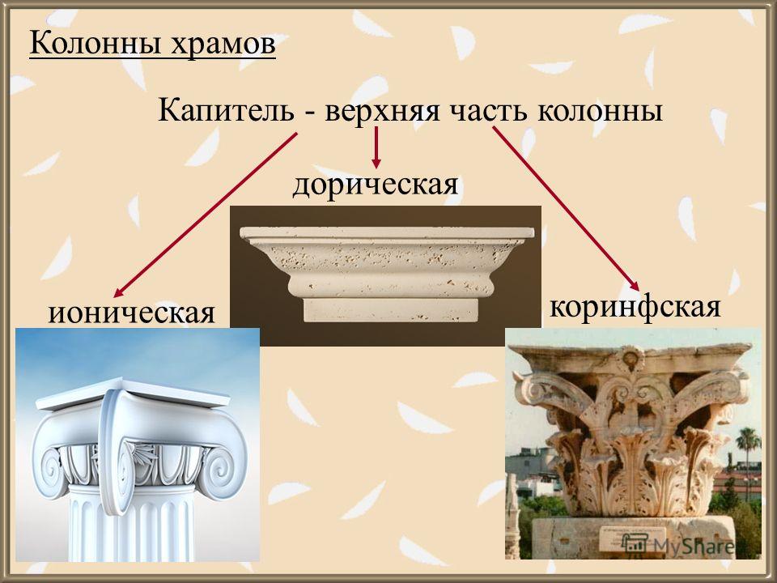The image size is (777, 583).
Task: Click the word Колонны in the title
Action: pos(96,44)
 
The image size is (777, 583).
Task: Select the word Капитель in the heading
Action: pos(226,111)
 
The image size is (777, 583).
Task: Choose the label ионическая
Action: pos(131,313)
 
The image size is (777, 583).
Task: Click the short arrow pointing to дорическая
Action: pos(376,147)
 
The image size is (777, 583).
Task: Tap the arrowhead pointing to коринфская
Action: pos(635,286)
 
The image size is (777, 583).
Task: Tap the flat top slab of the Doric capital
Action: pos(387,232)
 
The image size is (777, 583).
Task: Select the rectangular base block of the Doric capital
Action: pos(390,310)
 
